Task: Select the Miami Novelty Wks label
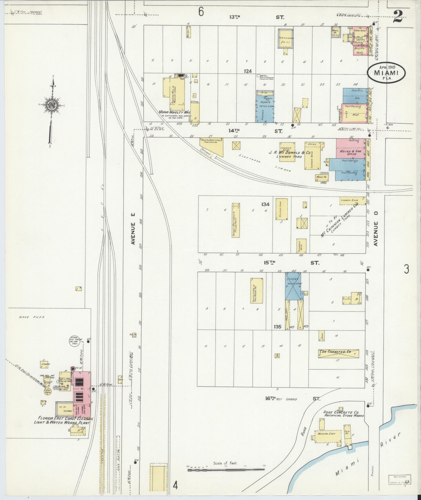point(175,112)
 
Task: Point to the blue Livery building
point(293,286)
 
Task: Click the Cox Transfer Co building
point(338,353)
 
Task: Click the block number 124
point(248,71)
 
